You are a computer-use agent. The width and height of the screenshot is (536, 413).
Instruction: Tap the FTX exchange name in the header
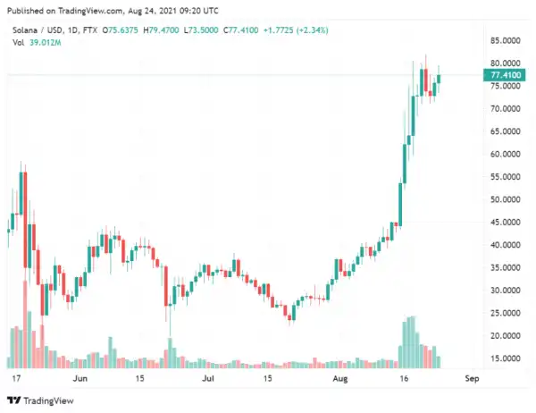click(89, 29)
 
